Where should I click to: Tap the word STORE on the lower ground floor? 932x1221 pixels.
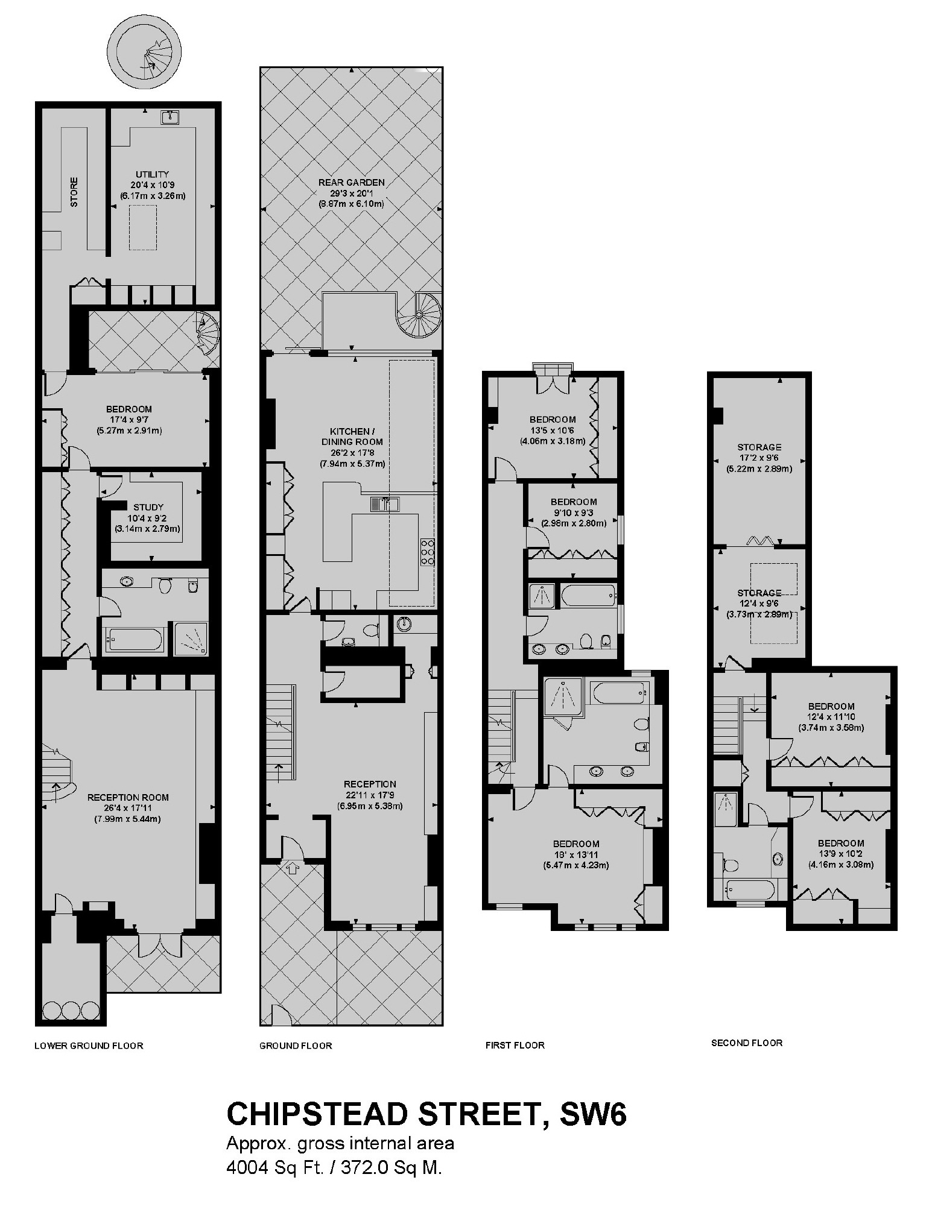pos(74,192)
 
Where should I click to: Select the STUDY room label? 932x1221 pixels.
pos(148,507)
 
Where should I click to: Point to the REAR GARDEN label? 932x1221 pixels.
pos(351,182)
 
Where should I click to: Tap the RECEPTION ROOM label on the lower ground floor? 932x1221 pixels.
pos(128,797)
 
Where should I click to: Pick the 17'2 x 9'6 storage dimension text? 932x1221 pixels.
pos(759,458)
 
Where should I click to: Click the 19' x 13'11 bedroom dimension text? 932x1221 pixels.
pos(576,854)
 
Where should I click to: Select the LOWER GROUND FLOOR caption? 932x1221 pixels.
pos(89,1046)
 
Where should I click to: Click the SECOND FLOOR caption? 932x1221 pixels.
pos(747,1043)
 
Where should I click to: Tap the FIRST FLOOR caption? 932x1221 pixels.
pos(515,1045)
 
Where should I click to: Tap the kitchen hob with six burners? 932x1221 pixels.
pos(427,551)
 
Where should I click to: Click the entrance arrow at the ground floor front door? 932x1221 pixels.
pos(292,868)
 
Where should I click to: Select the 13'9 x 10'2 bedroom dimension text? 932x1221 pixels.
pos(841,854)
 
